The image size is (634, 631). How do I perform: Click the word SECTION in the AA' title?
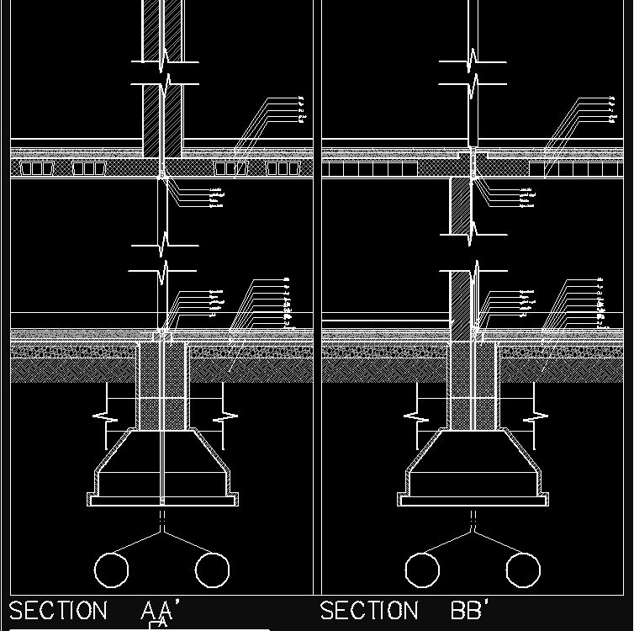(x=58, y=611)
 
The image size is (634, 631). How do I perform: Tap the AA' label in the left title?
(x=157, y=611)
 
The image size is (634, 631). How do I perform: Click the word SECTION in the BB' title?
(x=369, y=611)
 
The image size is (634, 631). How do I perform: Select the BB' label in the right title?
(x=471, y=611)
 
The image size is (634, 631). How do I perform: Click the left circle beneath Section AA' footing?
(x=111, y=570)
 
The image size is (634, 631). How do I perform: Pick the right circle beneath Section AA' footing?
(x=212, y=570)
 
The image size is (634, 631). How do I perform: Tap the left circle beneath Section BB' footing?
(x=422, y=570)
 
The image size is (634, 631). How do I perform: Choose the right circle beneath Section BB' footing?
(x=523, y=570)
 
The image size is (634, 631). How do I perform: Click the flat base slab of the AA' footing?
(x=161, y=501)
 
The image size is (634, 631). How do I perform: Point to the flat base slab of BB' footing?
(x=473, y=501)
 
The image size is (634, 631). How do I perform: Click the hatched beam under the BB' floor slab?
(x=460, y=206)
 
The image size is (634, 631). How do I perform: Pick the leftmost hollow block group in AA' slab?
(x=36, y=168)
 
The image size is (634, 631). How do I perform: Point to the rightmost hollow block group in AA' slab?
(x=284, y=168)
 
